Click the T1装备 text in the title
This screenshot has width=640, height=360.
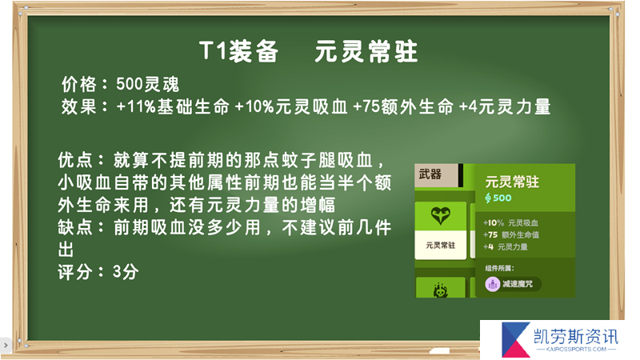click(239, 52)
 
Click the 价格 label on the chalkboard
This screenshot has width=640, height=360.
click(79, 85)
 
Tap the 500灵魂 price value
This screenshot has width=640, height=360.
click(148, 85)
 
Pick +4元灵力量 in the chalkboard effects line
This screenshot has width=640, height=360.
click(505, 107)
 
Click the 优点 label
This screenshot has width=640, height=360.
click(75, 160)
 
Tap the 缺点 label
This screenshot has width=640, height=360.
click(75, 227)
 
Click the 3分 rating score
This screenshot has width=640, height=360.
click(126, 272)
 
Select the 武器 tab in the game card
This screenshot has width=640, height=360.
click(430, 174)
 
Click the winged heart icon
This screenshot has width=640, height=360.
click(441, 215)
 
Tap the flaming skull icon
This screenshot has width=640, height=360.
click(441, 290)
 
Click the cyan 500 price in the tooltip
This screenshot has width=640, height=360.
click(502, 198)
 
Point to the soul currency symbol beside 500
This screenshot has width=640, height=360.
click(488, 198)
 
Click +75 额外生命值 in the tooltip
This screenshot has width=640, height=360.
click(511, 234)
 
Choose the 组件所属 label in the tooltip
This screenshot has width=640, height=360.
click(499, 268)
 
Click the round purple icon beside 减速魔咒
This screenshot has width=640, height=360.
click(493, 284)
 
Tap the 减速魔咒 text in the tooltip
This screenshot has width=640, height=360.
click(518, 284)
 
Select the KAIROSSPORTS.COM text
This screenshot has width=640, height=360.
click(576, 350)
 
